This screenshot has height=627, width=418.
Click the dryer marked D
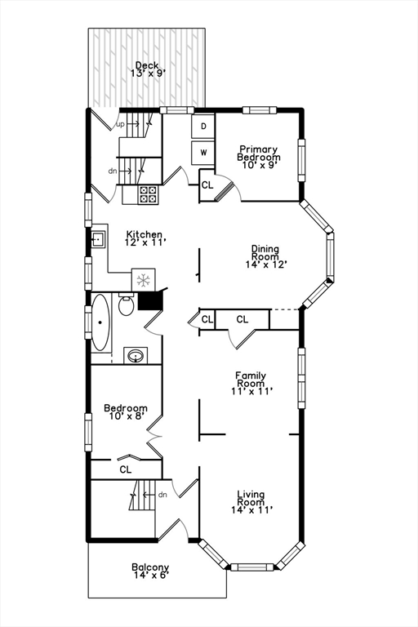(203, 127)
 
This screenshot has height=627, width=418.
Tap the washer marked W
(203, 153)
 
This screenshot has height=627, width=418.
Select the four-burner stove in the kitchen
(148, 195)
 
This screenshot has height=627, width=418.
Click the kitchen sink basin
(98, 239)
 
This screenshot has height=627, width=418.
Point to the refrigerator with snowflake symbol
(143, 279)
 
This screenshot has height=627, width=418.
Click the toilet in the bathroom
(126, 305)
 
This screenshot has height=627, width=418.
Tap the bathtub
(100, 322)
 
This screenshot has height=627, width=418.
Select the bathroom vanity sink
(136, 355)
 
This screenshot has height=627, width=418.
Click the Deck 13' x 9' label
(147, 69)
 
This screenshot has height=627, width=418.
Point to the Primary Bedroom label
(259, 157)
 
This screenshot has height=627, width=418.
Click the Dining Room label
(265, 256)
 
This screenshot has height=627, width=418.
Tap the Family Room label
(251, 383)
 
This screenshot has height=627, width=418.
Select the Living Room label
(251, 502)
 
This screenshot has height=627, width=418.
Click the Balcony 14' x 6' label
(150, 571)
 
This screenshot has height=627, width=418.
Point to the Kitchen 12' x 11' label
(145, 238)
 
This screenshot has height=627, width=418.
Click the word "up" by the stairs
(120, 125)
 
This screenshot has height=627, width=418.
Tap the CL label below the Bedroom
(126, 469)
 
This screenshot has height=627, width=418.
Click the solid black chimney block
(149, 300)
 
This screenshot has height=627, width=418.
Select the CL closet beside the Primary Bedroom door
(207, 185)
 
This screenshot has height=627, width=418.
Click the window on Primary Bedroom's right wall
(301, 160)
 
